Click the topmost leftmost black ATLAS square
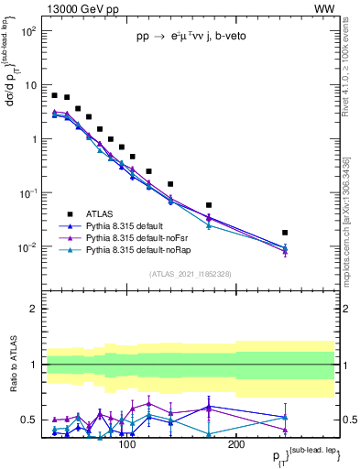(x=55, y=95)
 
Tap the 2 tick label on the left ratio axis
(x=32, y=309)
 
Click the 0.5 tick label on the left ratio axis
(x=28, y=420)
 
